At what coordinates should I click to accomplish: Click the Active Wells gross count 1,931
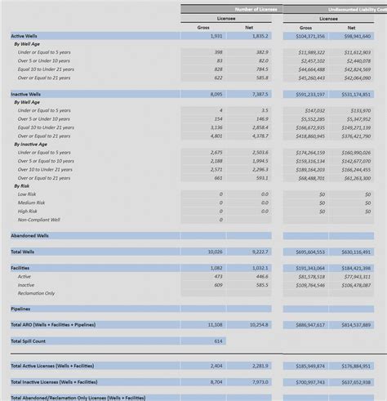coord(216,37)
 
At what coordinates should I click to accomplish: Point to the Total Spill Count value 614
coord(218,340)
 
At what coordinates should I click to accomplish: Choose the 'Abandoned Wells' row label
coord(29,235)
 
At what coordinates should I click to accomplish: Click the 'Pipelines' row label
coord(20,309)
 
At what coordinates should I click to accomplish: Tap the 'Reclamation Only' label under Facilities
coord(36,292)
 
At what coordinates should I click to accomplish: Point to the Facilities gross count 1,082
coord(216,268)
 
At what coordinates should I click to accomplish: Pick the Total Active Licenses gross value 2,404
coord(216,365)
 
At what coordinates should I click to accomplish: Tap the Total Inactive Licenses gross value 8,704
coord(216,381)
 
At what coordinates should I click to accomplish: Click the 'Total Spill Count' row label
coord(29,340)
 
